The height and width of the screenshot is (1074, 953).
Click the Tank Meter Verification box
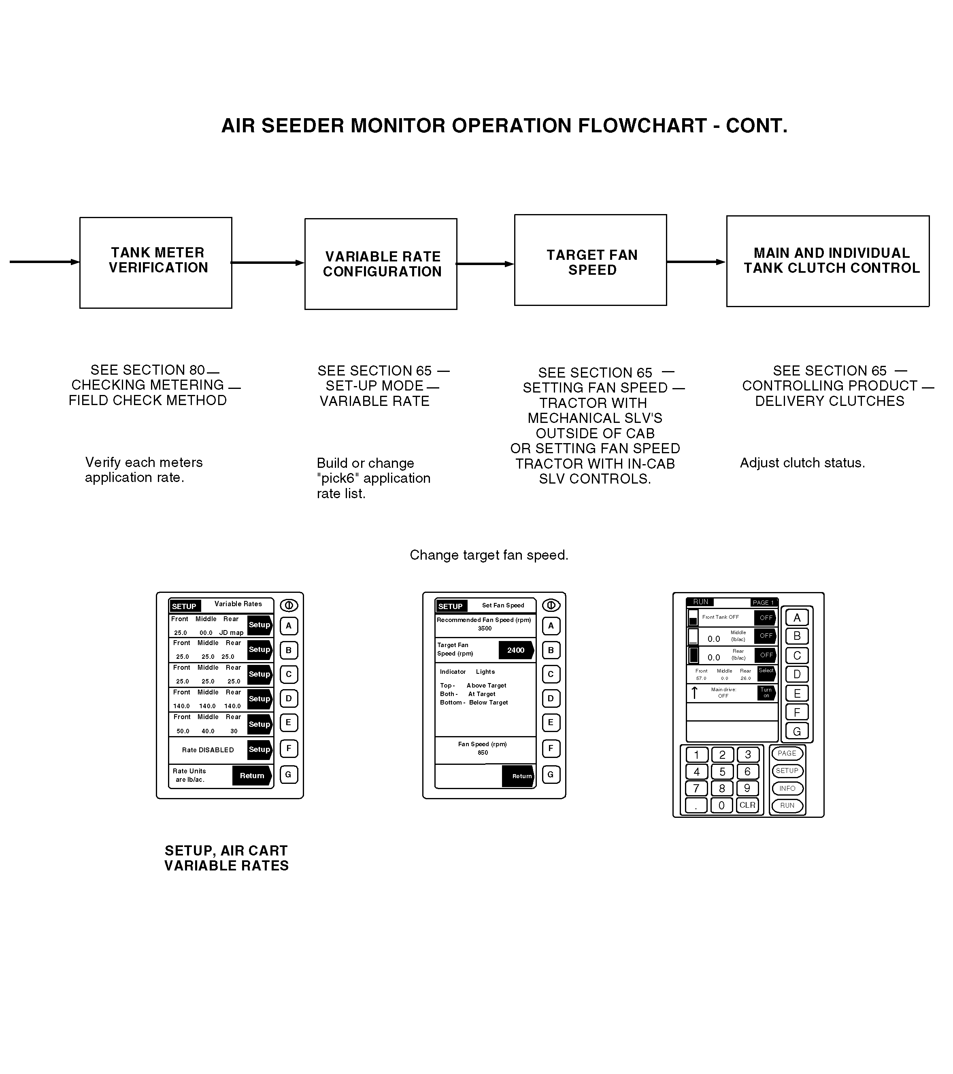point(155,263)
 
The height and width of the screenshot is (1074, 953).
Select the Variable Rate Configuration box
point(381,264)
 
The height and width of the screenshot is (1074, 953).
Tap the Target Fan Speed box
point(590,260)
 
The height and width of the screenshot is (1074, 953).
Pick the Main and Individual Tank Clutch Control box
point(827,261)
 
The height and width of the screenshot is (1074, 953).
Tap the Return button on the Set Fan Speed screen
point(519,776)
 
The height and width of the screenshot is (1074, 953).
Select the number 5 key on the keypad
point(722,772)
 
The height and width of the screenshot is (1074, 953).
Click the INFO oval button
point(787,788)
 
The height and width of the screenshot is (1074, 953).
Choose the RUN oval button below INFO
point(787,805)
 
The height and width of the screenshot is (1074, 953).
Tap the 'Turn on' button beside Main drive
point(766,692)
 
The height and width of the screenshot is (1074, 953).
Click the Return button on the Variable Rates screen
point(252,775)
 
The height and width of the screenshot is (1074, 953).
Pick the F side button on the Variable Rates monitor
point(289,748)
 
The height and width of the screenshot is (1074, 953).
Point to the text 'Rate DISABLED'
point(208,750)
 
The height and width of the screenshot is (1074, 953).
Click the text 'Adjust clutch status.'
point(802,463)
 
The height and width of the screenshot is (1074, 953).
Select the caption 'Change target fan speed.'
point(489,555)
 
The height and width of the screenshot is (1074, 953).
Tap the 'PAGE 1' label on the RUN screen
point(763,603)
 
